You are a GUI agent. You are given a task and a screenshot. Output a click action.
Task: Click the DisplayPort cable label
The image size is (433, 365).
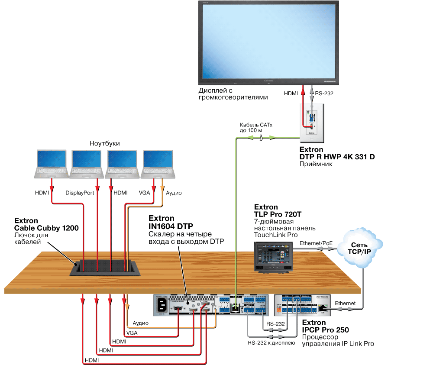pos(80,193)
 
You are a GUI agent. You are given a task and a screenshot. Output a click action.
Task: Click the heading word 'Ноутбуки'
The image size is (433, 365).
pos(104,143)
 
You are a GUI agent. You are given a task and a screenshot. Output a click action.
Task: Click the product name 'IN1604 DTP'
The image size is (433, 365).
pos(171,226)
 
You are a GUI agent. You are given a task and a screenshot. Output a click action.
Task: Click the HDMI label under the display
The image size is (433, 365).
pos(291,93)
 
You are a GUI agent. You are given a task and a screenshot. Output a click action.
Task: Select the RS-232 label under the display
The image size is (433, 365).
pos(324,93)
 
